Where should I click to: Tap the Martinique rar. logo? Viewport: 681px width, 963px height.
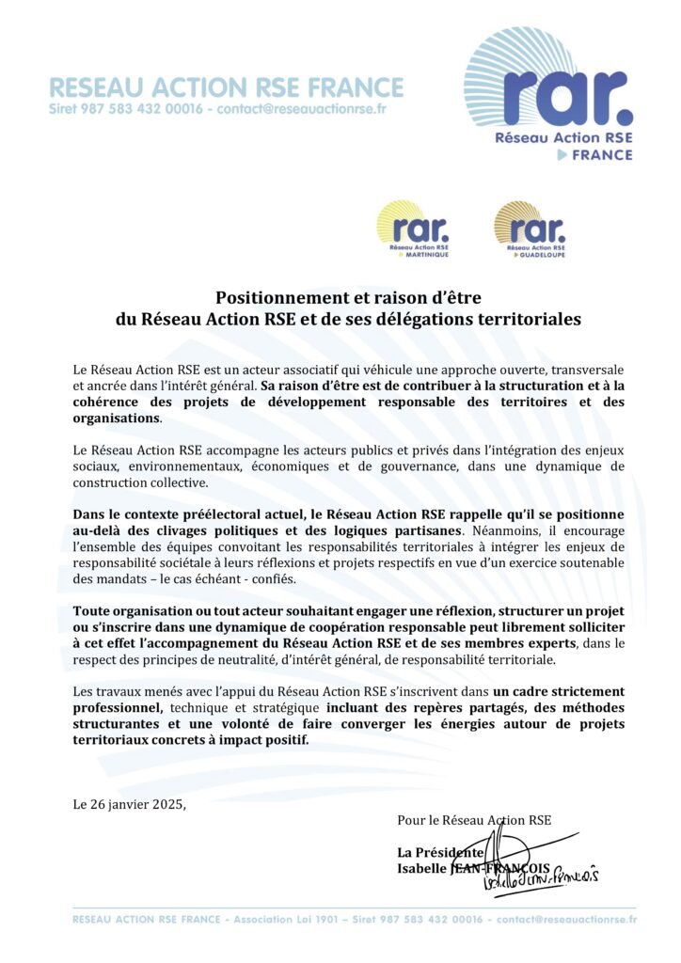click(x=413, y=229)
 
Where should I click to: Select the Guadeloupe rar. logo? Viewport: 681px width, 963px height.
click(x=530, y=229)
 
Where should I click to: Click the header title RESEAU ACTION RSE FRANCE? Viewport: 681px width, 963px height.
click(x=226, y=88)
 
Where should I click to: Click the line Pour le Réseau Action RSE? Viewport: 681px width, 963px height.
click(x=474, y=821)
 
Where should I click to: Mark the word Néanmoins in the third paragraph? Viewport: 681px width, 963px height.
click(x=519, y=530)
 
